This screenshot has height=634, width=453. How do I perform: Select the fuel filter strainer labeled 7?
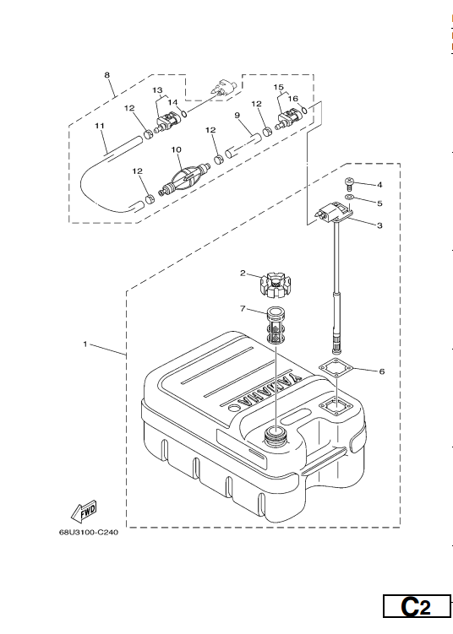[x=277, y=326]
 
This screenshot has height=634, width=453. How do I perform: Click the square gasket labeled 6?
[x=336, y=370]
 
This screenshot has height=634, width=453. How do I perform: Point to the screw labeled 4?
[x=349, y=185]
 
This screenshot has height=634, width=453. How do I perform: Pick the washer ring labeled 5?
[x=349, y=198]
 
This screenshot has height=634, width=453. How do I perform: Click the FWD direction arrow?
[x=85, y=510]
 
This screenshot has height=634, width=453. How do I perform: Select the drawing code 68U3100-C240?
[x=89, y=532]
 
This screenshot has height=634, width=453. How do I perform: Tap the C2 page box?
[x=416, y=606]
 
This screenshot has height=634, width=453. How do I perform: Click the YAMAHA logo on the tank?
[x=270, y=390]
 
